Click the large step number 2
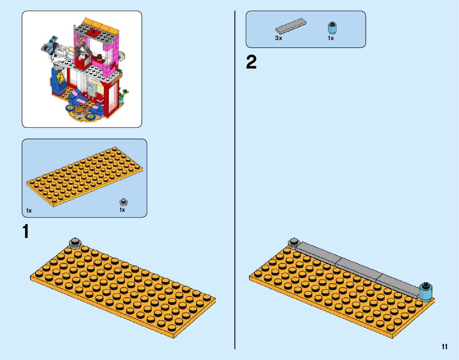click(251, 63)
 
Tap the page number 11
click(445, 347)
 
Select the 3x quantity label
click(279, 39)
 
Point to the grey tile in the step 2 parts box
click(291, 26)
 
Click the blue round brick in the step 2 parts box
click(331, 28)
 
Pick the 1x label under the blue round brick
click(331, 39)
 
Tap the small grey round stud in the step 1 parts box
click(124, 202)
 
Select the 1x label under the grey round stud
click(122, 210)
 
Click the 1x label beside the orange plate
click(29, 211)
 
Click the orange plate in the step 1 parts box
click(85, 177)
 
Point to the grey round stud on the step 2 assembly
click(294, 242)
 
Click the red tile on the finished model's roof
click(93, 33)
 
